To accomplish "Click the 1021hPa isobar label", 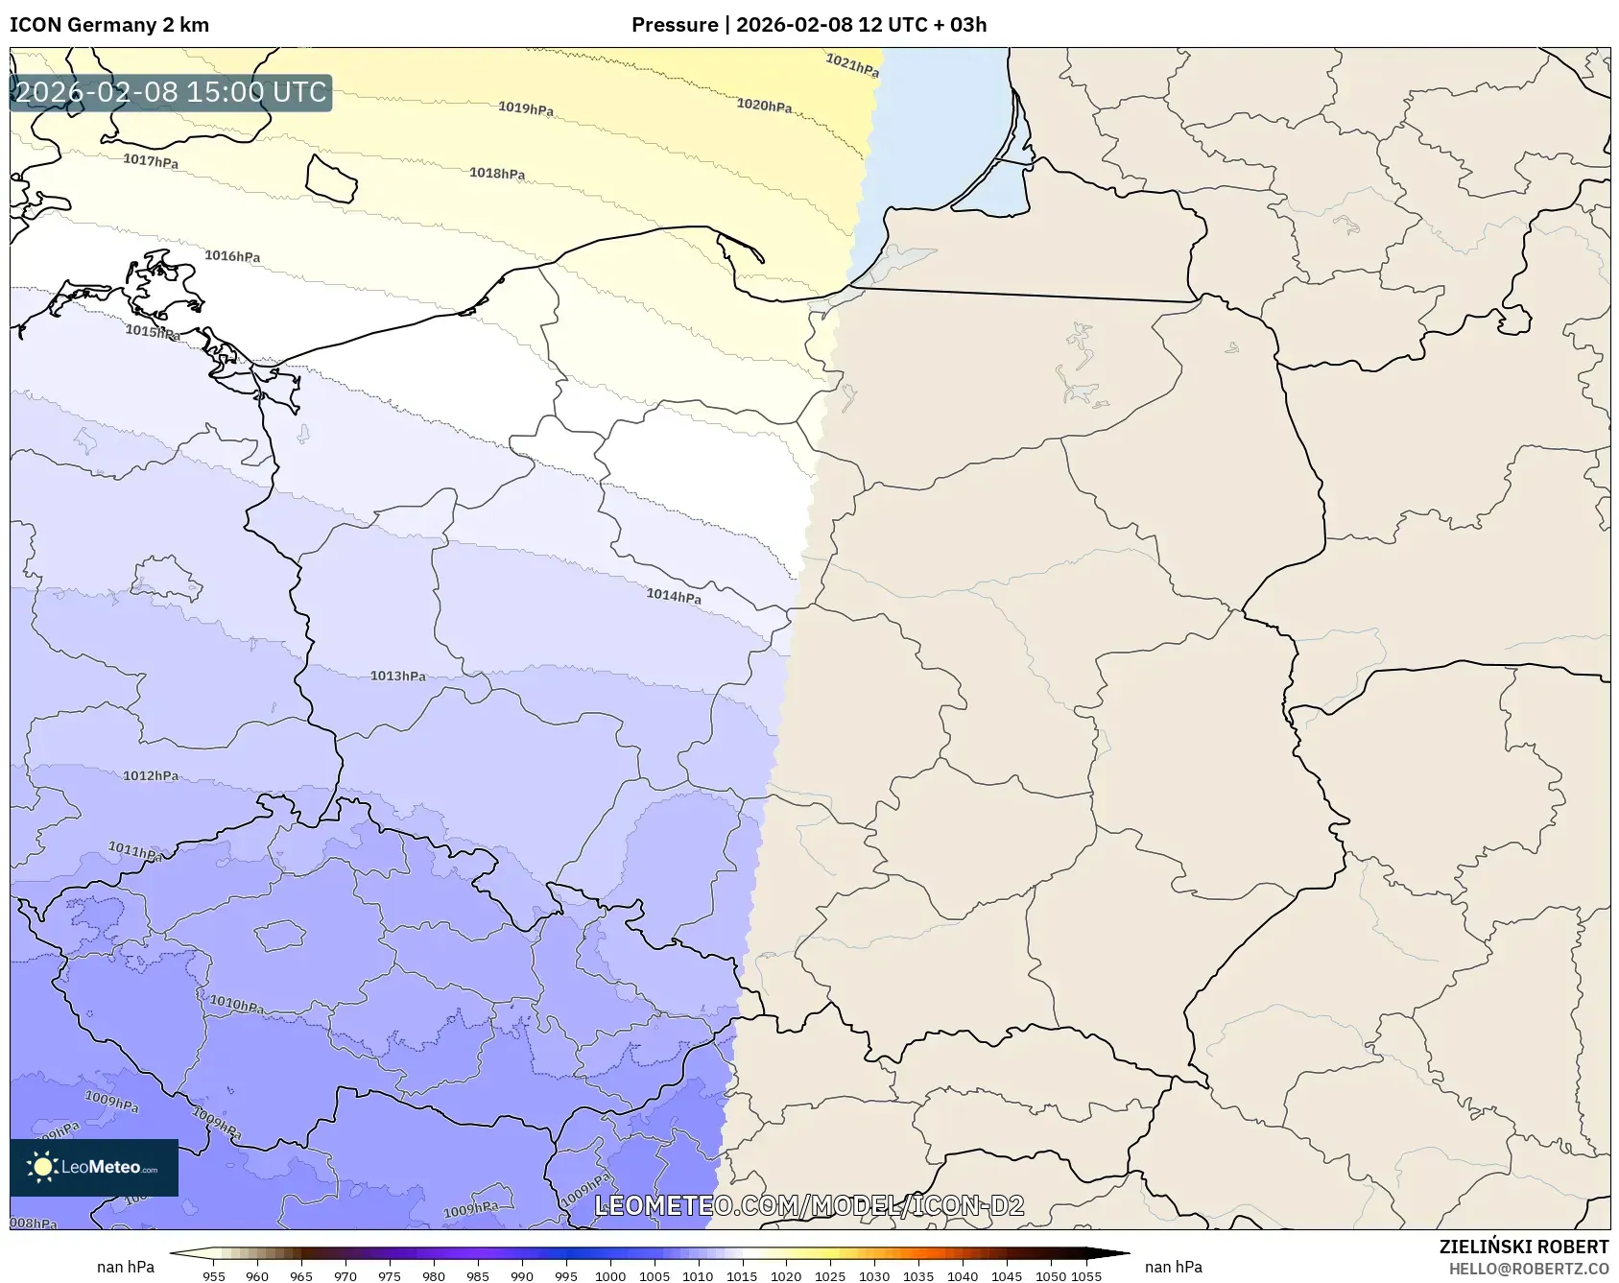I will pyautogui.click(x=852, y=65).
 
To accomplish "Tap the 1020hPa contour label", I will pyautogui.click(x=764, y=105).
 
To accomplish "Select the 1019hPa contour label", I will pyautogui.click(x=526, y=108).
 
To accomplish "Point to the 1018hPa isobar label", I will pyautogui.click(x=497, y=173).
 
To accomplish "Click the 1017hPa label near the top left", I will pyautogui.click(x=151, y=160).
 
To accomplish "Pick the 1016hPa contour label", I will pyautogui.click(x=232, y=256).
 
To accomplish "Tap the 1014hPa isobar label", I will pyautogui.click(x=674, y=596).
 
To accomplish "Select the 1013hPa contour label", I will pyautogui.click(x=398, y=676).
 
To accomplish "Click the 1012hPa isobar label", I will pyautogui.click(x=151, y=775).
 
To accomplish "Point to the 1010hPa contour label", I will pyautogui.click(x=237, y=1005).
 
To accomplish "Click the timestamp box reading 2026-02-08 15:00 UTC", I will pyautogui.click(x=171, y=92).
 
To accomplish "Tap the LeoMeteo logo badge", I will pyautogui.click(x=94, y=1167).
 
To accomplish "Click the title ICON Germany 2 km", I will pyautogui.click(x=109, y=25).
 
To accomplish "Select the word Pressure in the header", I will pyautogui.click(x=675, y=25).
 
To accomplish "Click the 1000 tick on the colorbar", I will pyautogui.click(x=610, y=1275).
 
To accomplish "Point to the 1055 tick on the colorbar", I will pyautogui.click(x=1086, y=1275).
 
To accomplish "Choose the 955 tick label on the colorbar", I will pyautogui.click(x=214, y=1275).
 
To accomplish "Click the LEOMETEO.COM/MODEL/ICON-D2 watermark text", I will pyautogui.click(x=809, y=1206).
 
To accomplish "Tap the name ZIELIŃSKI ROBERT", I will pyautogui.click(x=1523, y=1247).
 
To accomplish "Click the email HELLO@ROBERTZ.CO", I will pyautogui.click(x=1528, y=1269).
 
